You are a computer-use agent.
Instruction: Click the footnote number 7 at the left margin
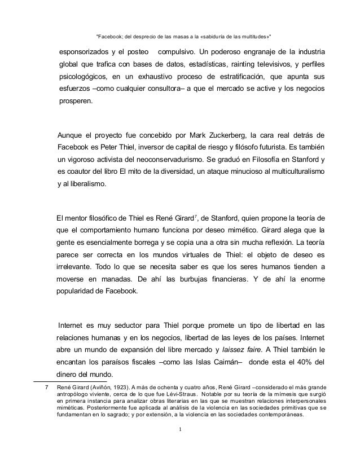pos(46,386)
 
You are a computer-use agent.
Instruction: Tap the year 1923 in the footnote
pos(124,386)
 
